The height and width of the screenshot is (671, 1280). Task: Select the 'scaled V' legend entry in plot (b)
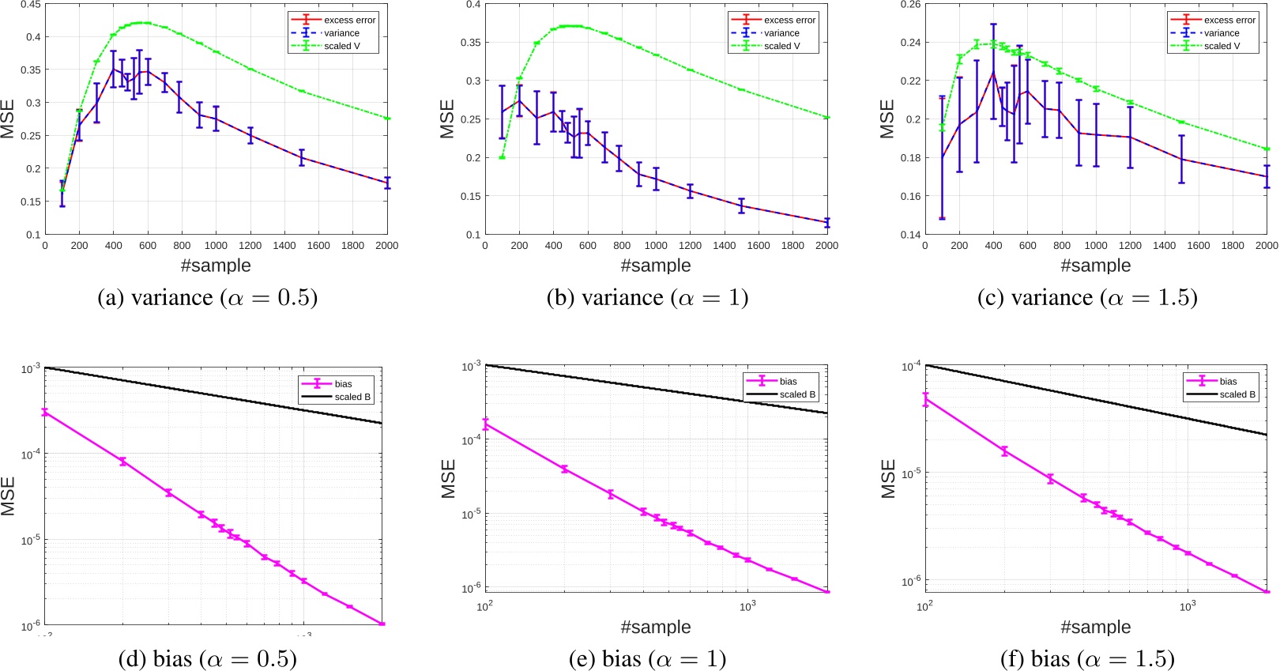click(x=781, y=46)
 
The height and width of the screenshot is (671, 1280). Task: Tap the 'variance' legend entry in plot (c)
click(x=1222, y=33)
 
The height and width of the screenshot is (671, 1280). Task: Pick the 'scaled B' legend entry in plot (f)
click(x=1237, y=394)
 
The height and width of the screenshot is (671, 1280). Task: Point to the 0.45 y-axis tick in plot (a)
click(x=31, y=5)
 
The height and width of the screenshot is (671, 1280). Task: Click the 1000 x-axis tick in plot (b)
click(x=656, y=246)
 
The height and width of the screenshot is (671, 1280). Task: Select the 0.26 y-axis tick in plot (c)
click(x=910, y=5)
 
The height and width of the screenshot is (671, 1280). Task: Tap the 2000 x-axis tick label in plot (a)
click(x=386, y=246)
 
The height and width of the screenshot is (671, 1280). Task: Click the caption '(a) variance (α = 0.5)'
click(x=207, y=298)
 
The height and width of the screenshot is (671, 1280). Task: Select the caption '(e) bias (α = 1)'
click(x=647, y=658)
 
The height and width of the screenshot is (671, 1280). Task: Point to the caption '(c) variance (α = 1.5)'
click(x=1087, y=298)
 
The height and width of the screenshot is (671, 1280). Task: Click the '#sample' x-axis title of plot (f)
click(x=1095, y=628)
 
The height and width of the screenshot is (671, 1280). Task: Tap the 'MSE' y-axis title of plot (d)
click(x=9, y=496)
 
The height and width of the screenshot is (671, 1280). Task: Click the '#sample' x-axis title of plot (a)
click(x=216, y=266)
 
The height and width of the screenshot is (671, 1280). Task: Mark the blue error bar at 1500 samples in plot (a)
click(x=301, y=157)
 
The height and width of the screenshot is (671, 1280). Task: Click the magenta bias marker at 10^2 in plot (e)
click(x=485, y=424)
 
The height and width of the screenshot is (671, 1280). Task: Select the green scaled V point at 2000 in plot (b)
click(x=826, y=118)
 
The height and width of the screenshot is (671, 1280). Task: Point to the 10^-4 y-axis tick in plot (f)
click(x=911, y=367)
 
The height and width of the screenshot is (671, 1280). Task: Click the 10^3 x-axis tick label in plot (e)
click(x=747, y=606)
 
